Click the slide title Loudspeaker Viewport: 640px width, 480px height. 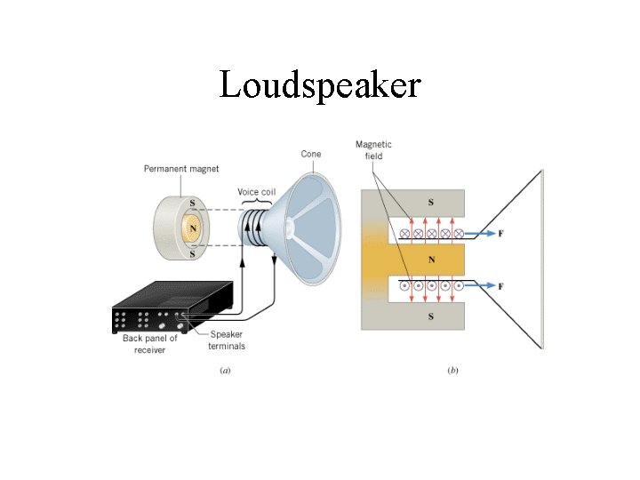click(319, 85)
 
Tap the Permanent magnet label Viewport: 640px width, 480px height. click(181, 168)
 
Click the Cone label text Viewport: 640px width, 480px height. click(311, 154)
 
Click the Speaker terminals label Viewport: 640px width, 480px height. click(228, 340)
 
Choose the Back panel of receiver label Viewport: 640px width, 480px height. click(150, 344)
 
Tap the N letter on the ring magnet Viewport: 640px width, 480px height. click(191, 228)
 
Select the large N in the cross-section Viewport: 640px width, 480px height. click(431, 260)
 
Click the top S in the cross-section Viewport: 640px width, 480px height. click(431, 203)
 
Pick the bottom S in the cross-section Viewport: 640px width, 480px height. click(431, 316)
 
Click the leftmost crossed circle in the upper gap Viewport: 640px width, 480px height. click(405, 234)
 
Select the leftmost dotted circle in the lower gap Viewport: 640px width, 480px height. click(405, 286)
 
